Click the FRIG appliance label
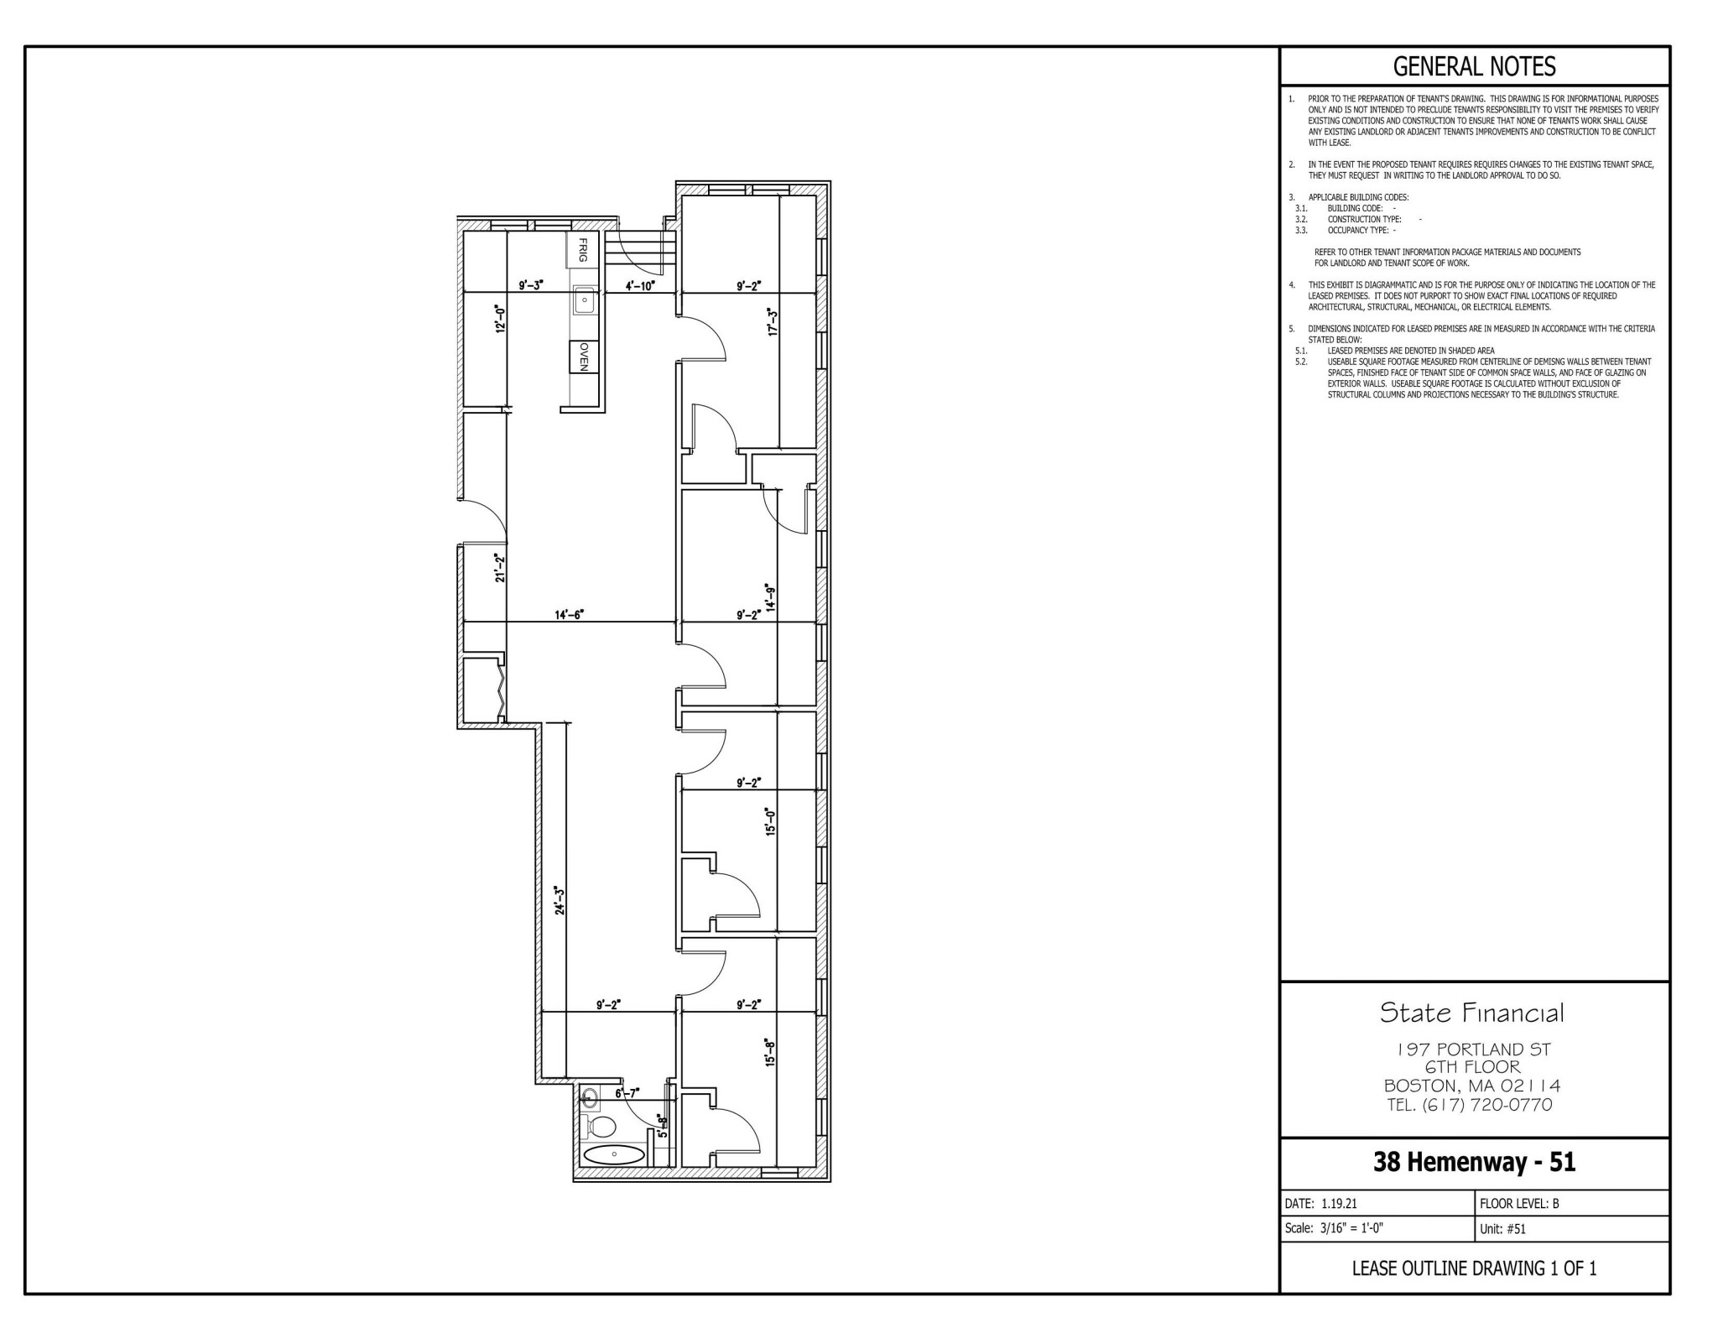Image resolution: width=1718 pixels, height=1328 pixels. point(583,250)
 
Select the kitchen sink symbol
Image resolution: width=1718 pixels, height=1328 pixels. point(585,299)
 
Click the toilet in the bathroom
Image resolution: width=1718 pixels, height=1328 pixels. point(601,1126)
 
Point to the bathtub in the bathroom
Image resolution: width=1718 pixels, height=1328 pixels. point(614,1154)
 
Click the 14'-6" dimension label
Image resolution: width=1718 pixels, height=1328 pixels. point(569,615)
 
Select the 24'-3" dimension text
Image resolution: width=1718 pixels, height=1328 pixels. point(558,900)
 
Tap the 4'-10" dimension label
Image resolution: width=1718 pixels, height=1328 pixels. point(640,285)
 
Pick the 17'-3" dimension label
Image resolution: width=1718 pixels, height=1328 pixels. point(773,322)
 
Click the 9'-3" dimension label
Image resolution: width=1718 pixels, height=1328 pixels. point(531,285)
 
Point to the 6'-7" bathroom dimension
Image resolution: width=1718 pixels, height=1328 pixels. point(627,1093)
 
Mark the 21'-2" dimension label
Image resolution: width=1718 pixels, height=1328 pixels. point(500,568)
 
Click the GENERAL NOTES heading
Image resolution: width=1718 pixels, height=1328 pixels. point(1474,66)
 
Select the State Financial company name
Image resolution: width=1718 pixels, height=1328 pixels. point(1472,1013)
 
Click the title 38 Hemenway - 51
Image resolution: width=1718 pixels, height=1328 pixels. point(1474,1162)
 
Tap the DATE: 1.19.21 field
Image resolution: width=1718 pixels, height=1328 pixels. point(1322,1203)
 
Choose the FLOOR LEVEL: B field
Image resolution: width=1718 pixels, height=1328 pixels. point(1519,1203)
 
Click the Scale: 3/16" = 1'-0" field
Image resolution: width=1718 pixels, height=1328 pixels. point(1334,1228)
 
